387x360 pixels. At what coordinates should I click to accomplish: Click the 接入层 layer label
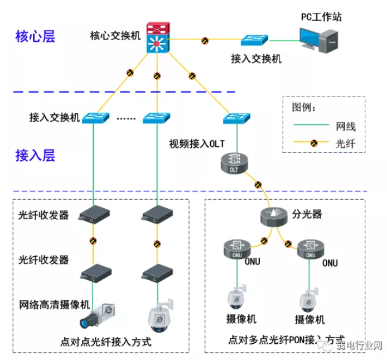(x=35, y=155)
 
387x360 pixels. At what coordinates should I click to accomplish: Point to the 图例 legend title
(x=304, y=106)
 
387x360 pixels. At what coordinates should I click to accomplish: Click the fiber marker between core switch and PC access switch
(x=205, y=40)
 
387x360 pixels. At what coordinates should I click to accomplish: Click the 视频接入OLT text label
(x=196, y=143)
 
